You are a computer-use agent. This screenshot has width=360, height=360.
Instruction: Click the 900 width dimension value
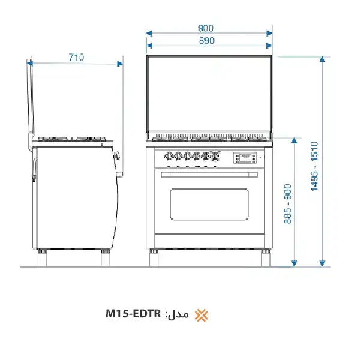pyautogui.click(x=206, y=28)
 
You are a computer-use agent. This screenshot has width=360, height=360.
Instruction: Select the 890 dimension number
pyautogui.click(x=206, y=41)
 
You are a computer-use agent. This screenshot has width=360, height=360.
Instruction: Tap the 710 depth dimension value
pyautogui.click(x=76, y=58)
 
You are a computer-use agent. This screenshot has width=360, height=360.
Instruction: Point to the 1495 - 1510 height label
pyautogui.click(x=314, y=167)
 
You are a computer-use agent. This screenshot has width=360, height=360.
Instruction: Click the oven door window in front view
pyautogui.click(x=209, y=204)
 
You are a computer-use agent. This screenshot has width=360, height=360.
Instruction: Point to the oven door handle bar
pyautogui.click(x=209, y=175)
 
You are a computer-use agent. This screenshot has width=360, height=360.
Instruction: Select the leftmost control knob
pyautogui.click(x=169, y=155)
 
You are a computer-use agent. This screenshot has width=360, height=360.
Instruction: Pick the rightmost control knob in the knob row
pyautogui.click(x=215, y=155)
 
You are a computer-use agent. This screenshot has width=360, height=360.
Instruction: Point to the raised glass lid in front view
pyautogui.click(x=209, y=95)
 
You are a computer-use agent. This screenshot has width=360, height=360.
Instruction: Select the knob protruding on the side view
pyautogui.click(x=118, y=155)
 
